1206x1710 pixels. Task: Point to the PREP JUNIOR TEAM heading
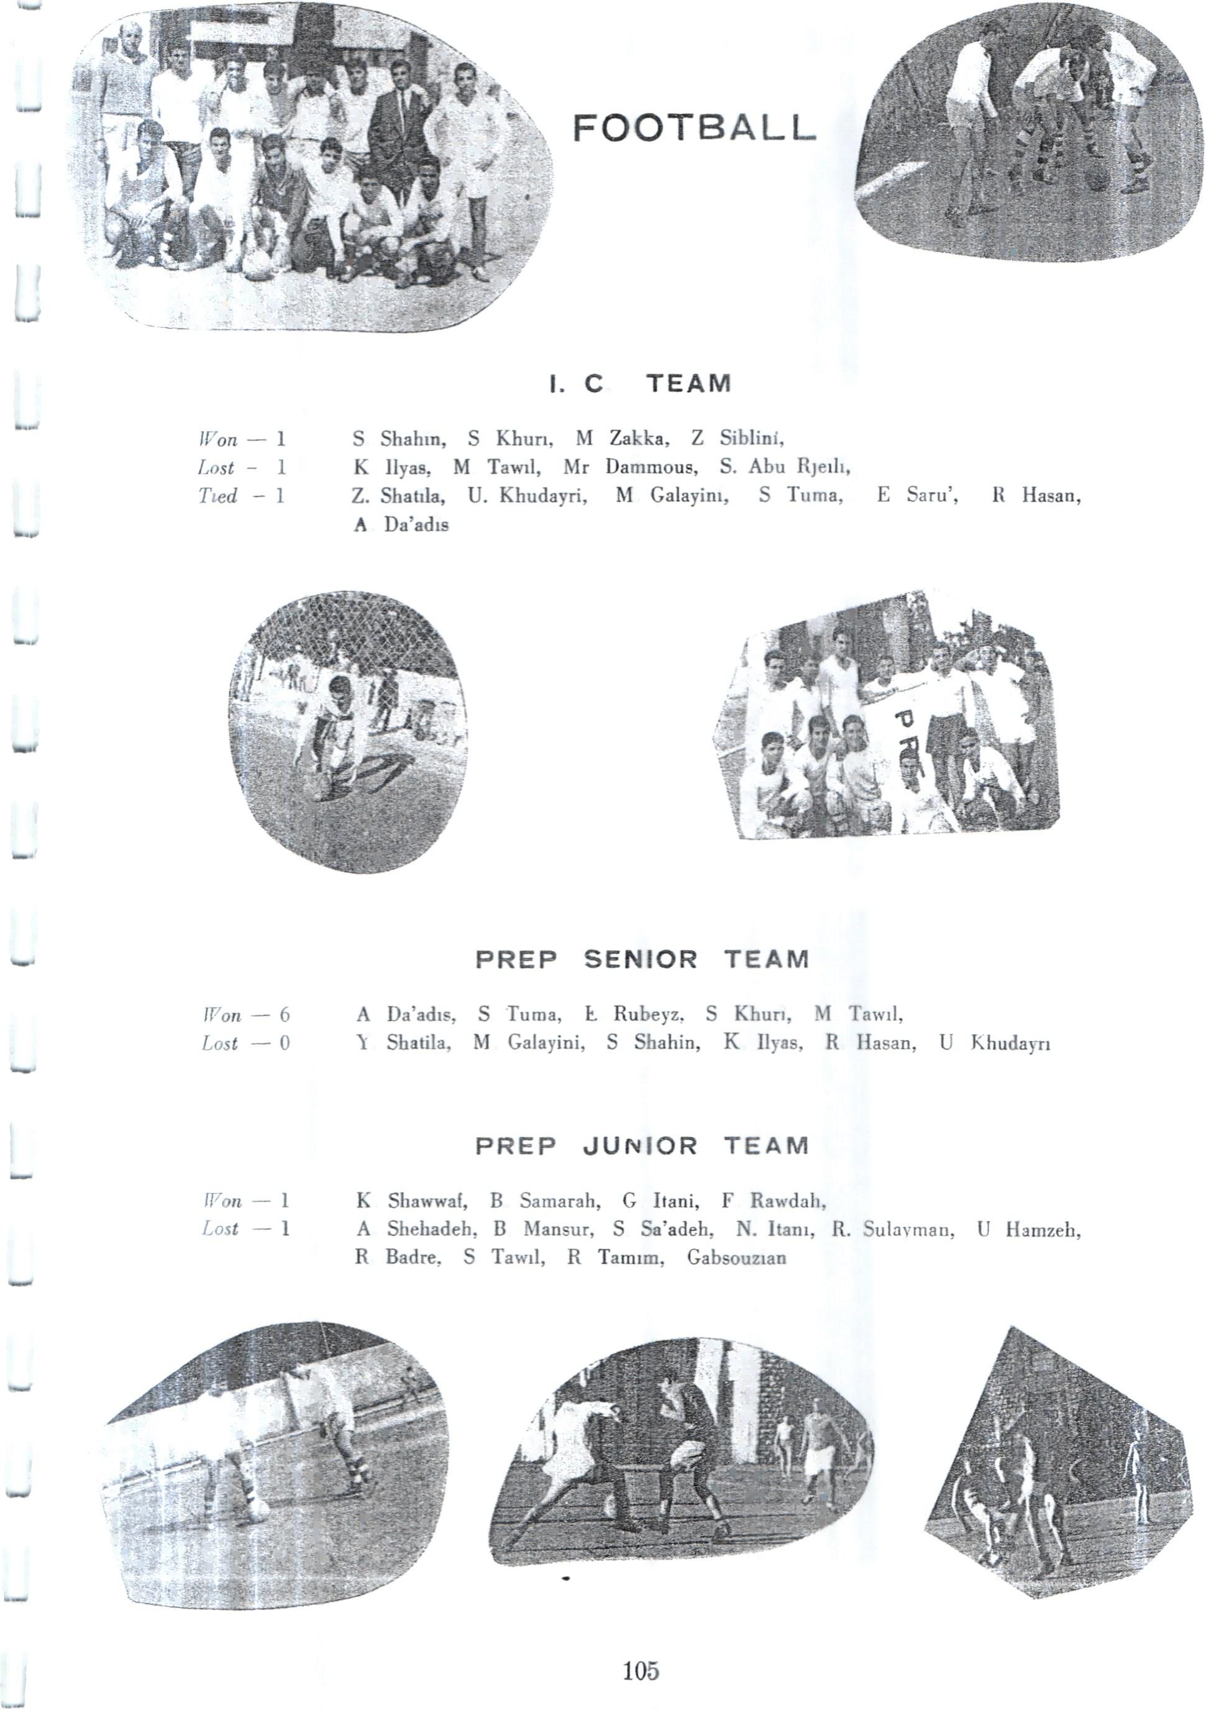pos(641,1145)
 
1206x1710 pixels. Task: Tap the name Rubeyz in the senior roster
pos(644,1015)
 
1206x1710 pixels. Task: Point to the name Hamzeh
pos(1042,1230)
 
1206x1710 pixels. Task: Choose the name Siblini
pos(748,439)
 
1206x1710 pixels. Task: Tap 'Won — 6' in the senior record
pos(245,1015)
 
